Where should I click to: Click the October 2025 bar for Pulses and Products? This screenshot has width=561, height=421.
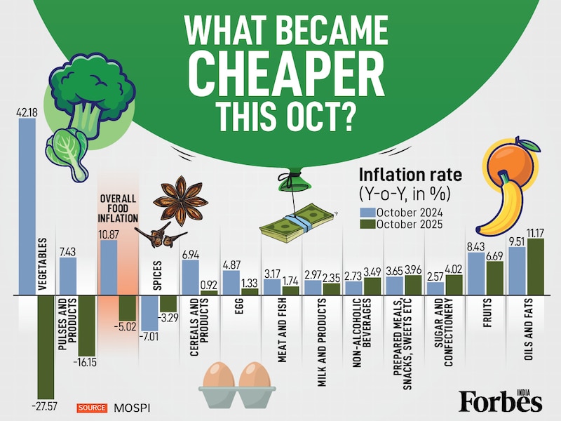(87, 326)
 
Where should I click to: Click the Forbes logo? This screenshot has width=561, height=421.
(500, 401)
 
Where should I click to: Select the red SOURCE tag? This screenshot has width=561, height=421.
(91, 407)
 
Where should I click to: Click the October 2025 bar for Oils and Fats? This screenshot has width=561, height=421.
(536, 267)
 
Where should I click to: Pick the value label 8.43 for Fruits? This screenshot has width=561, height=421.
(476, 246)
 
